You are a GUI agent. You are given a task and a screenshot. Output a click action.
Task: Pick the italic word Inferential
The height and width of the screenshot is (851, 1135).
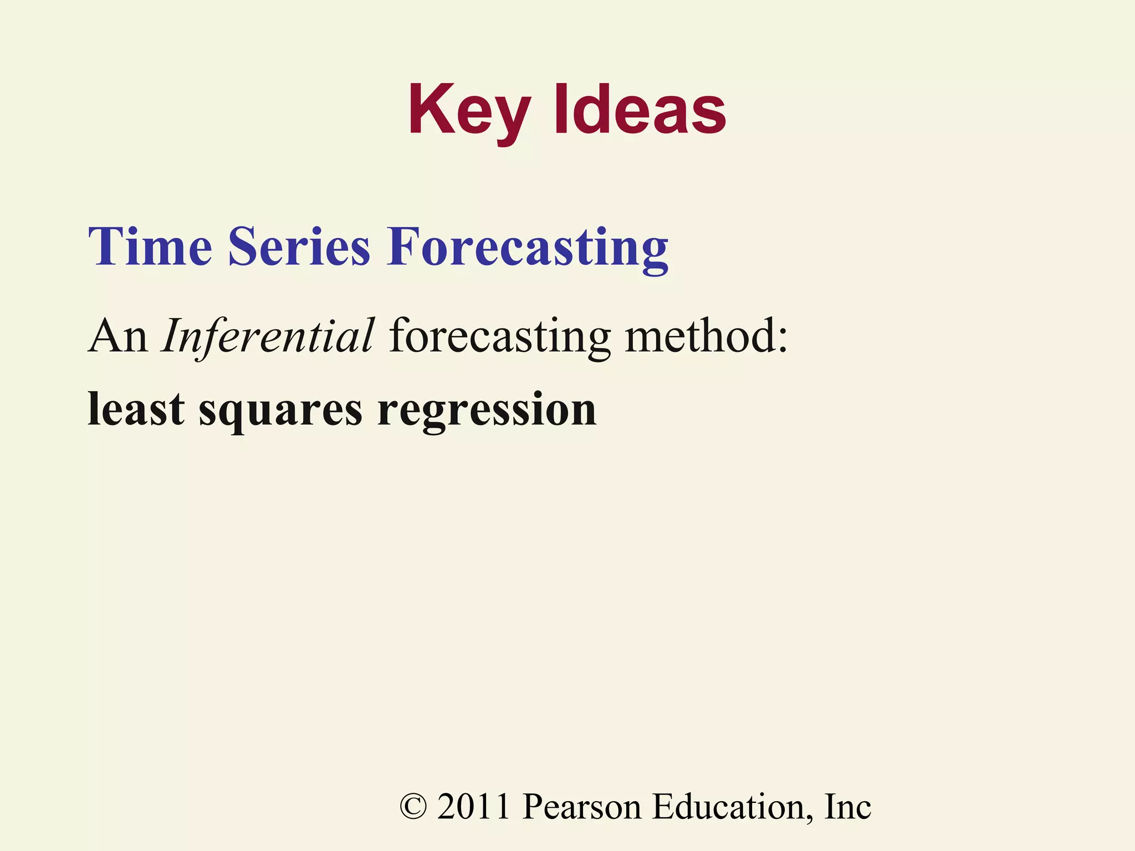click(268, 336)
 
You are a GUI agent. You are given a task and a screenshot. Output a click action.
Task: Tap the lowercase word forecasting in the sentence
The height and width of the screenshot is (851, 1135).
click(499, 337)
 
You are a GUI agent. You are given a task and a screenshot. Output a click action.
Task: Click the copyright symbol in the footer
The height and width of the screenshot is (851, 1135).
click(413, 807)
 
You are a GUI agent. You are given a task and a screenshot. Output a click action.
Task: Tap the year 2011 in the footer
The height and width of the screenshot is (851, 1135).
click(473, 807)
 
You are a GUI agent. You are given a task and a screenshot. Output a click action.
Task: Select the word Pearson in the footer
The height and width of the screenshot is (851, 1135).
click(581, 807)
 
